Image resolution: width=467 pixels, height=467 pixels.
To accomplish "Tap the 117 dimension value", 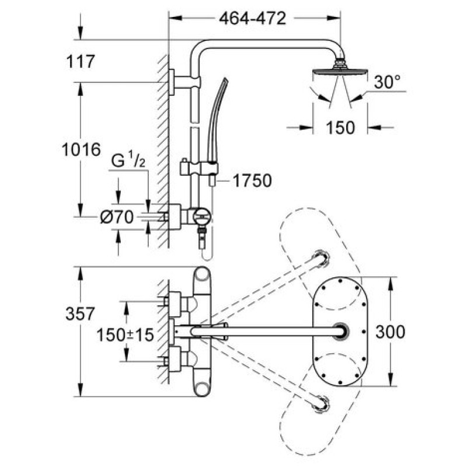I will point(79,61).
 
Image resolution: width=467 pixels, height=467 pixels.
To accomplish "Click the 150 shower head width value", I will point(340,127).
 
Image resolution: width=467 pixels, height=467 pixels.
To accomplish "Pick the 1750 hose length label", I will point(253,181).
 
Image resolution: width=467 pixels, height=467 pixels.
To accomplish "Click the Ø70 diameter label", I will point(117,218).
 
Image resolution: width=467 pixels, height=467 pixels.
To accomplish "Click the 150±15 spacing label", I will point(125,335).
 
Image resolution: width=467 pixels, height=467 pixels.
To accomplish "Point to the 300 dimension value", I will point(391,332).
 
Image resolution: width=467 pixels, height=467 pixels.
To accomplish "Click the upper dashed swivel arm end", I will point(320,257).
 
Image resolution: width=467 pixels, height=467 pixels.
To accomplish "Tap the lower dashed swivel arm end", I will point(320,403).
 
